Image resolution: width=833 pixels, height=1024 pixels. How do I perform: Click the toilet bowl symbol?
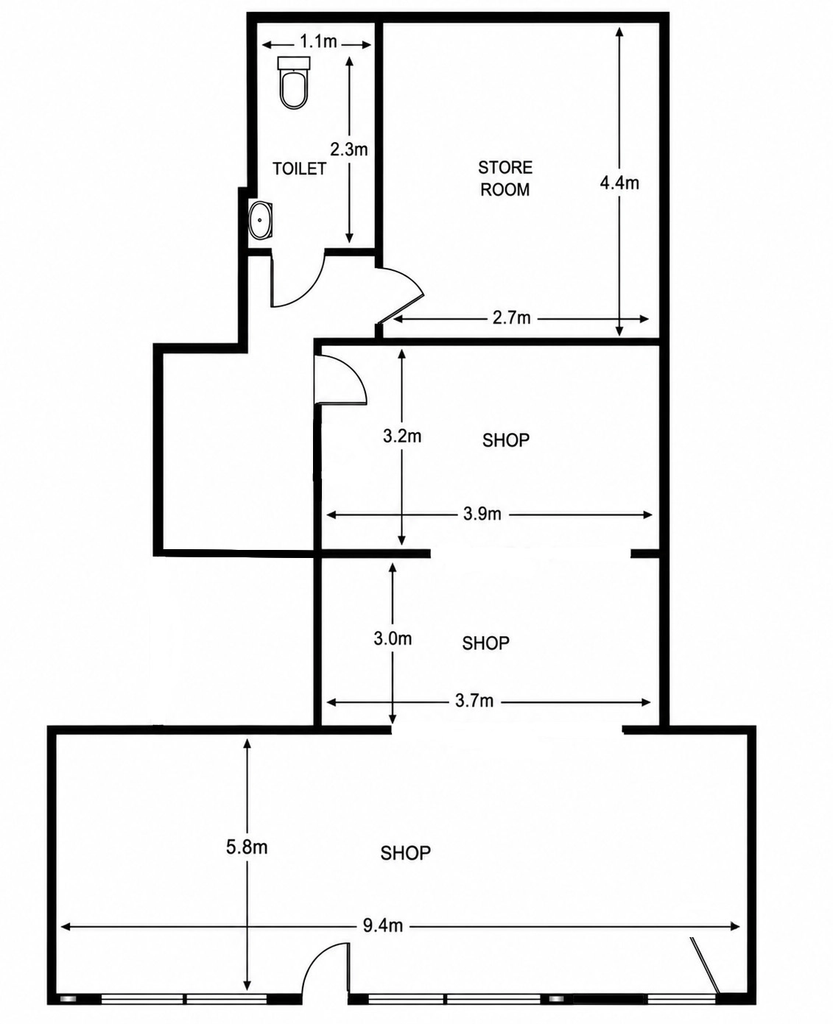(x=293, y=82)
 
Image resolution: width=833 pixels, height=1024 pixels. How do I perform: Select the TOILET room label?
(x=300, y=169)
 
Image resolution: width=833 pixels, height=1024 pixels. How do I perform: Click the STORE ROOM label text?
(x=505, y=178)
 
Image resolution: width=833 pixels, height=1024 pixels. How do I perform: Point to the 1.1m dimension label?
(x=318, y=42)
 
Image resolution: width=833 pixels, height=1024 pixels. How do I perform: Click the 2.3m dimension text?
(x=348, y=149)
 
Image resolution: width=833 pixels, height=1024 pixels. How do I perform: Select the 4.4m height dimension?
(x=619, y=183)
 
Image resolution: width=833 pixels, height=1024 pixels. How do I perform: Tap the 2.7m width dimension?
(x=511, y=318)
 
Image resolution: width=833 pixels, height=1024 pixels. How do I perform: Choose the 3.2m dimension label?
(x=402, y=436)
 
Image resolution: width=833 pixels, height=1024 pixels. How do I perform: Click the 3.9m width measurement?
(x=482, y=514)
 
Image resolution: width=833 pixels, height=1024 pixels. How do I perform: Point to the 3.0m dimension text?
(x=393, y=639)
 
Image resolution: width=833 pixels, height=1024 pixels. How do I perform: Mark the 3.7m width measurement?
(x=474, y=701)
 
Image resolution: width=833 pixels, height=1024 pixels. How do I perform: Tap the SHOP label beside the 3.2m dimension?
(x=506, y=440)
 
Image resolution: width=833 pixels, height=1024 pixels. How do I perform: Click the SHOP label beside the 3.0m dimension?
(x=486, y=643)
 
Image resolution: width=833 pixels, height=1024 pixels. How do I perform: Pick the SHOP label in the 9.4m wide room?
(x=405, y=853)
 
